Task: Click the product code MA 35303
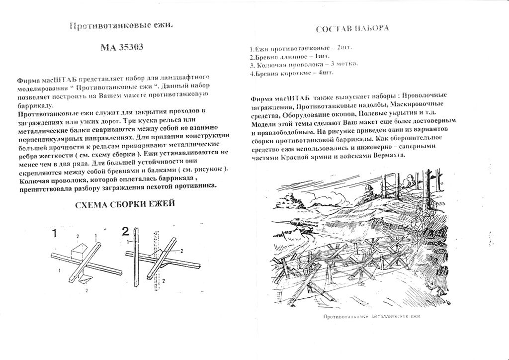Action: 122,48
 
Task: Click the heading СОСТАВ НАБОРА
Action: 352,28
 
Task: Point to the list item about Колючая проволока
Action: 304,65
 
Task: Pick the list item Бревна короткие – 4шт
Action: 292,73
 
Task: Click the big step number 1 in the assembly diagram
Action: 56,232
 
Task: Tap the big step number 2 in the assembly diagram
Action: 125,231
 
